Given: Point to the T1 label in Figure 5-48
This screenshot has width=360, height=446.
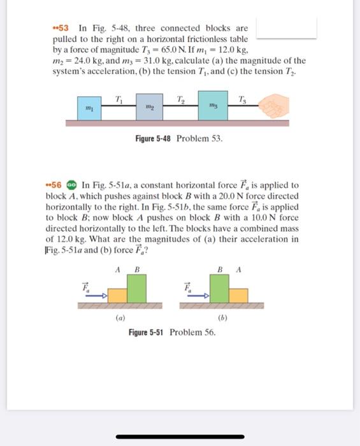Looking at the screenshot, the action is click(119, 97).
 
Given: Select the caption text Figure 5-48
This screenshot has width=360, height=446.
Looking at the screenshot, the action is click(153, 138).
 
